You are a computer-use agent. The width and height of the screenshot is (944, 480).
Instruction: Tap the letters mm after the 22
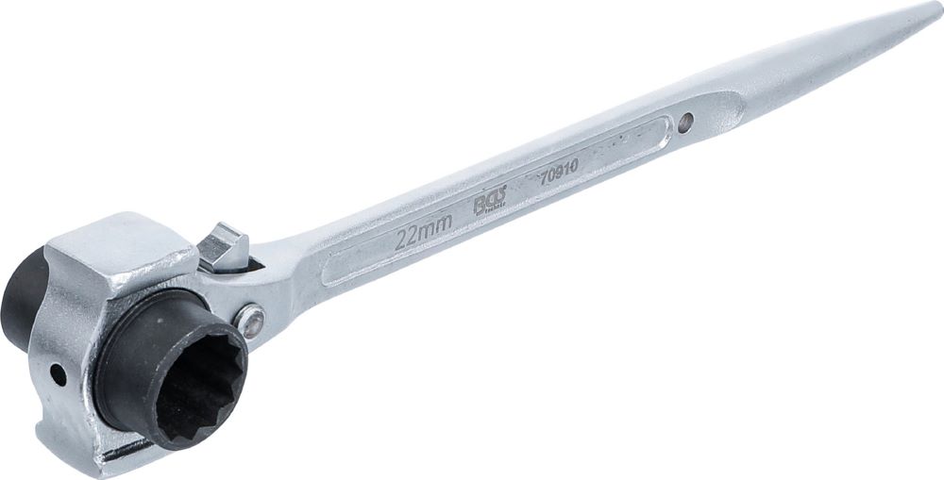(437, 224)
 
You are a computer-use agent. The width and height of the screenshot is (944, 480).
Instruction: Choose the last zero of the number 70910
(574, 164)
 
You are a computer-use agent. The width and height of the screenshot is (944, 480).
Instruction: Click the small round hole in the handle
(685, 122)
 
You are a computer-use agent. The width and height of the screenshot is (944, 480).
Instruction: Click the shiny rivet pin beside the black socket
(251, 322)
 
